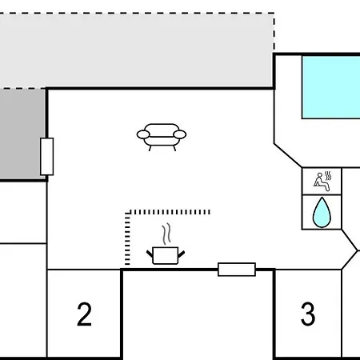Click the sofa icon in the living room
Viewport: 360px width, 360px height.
[x=162, y=137]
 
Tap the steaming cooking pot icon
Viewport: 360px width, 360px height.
[x=166, y=244]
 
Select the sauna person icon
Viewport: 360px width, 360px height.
[x=322, y=182]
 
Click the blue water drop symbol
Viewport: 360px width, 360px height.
[x=322, y=213]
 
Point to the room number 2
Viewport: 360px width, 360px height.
[x=84, y=314]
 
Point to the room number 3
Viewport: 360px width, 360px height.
[x=308, y=314]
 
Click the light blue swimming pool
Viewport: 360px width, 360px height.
[x=331, y=87]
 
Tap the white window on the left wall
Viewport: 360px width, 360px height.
[x=47, y=157]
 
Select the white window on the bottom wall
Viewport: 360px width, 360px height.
[x=237, y=270]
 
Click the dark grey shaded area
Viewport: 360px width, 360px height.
[x=22, y=134]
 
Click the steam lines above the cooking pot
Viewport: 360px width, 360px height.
[x=166, y=234]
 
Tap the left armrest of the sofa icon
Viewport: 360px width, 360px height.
[x=143, y=134]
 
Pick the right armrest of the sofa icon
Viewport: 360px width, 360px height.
[x=179, y=134]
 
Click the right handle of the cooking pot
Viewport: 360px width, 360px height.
[x=182, y=254]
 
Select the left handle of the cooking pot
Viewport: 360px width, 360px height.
[x=150, y=254]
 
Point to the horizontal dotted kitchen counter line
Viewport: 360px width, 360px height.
[x=167, y=212]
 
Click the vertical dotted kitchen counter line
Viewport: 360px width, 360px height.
[x=127, y=238]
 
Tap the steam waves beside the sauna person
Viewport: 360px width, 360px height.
[x=328, y=176]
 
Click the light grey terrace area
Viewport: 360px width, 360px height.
[x=137, y=50]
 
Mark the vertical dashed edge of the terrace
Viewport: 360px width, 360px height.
[x=274, y=31]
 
